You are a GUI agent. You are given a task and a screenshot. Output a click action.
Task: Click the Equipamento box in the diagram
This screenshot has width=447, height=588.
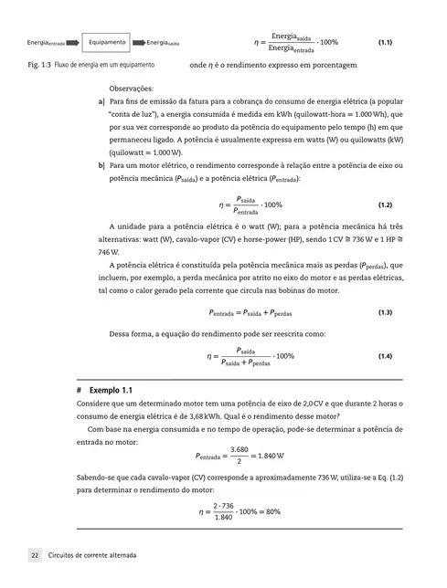[x=108, y=42]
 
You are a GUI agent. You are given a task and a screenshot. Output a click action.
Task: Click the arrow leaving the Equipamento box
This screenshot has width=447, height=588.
[x=138, y=42]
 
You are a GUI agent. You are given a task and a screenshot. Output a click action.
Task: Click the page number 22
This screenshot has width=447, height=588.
[x=34, y=555]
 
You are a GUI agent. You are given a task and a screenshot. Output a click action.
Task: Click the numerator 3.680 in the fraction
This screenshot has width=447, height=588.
[x=239, y=448]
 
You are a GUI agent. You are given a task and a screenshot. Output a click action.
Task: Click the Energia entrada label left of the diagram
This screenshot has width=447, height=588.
[x=45, y=43]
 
